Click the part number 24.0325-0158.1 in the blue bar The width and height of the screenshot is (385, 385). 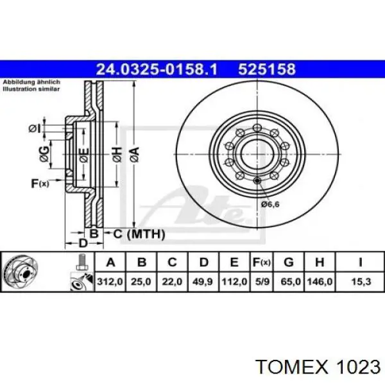pos(157,69)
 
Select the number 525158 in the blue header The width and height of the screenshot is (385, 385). pos(267,69)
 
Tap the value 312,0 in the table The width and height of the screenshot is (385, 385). pos(110,282)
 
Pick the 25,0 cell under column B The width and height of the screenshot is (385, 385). pos(141,282)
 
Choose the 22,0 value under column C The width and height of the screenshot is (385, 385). pos(172,282)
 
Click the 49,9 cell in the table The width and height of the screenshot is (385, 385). pos(203,282)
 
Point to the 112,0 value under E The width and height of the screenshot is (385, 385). pos(234,282)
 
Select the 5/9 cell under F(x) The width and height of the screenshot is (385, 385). pos(262,282)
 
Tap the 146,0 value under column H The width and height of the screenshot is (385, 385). pos(320,282)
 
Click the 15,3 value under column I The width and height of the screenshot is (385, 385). pos(361,282)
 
